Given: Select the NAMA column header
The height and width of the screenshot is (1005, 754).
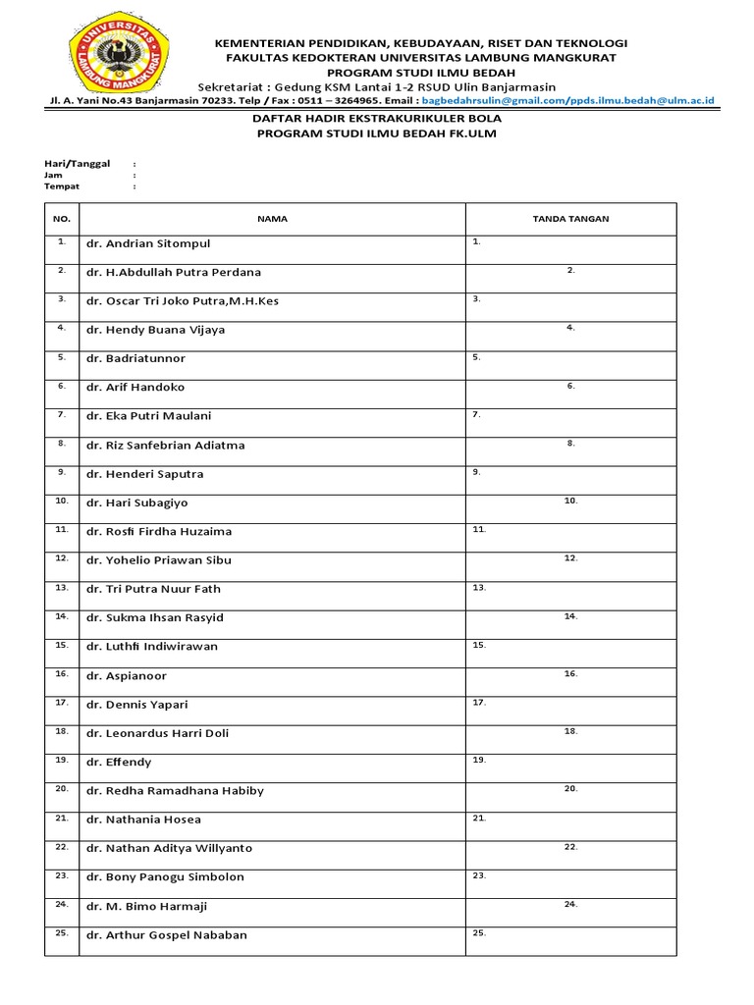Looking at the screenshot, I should pyautogui.click(x=272, y=219).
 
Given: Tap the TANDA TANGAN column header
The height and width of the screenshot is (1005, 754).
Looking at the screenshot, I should pyautogui.click(x=570, y=219).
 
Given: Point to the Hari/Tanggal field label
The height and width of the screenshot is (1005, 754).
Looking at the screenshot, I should pyautogui.click(x=77, y=163).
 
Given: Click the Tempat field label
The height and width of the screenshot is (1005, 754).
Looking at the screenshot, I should pyautogui.click(x=61, y=185).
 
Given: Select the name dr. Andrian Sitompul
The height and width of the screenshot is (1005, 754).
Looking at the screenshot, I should pyautogui.click(x=148, y=243).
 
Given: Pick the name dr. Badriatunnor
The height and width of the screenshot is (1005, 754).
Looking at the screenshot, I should pyautogui.click(x=135, y=358).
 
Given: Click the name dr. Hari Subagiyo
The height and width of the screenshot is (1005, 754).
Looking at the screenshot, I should pyautogui.click(x=136, y=502).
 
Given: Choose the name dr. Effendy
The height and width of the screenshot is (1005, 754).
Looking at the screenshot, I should pyautogui.click(x=119, y=762).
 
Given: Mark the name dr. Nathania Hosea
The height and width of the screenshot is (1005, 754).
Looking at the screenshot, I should pyautogui.click(x=143, y=820).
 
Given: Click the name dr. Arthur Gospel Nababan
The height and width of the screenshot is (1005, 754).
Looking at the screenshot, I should pyautogui.click(x=167, y=934).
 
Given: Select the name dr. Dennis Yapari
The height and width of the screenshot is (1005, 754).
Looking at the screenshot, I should pyautogui.click(x=136, y=705).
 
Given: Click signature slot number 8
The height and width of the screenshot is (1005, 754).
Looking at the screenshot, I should pyautogui.click(x=570, y=444).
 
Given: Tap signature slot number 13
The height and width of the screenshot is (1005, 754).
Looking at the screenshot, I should pyautogui.click(x=479, y=588).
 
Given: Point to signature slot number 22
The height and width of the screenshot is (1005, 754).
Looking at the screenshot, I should pyautogui.click(x=570, y=847).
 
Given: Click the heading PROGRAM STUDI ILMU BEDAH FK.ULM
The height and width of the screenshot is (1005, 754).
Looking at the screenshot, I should pyautogui.click(x=377, y=133).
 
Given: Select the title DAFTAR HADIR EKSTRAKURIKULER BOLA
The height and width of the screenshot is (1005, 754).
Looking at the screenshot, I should pyautogui.click(x=377, y=118).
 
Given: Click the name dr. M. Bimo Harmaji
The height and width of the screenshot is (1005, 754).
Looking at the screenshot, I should pyautogui.click(x=146, y=906).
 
